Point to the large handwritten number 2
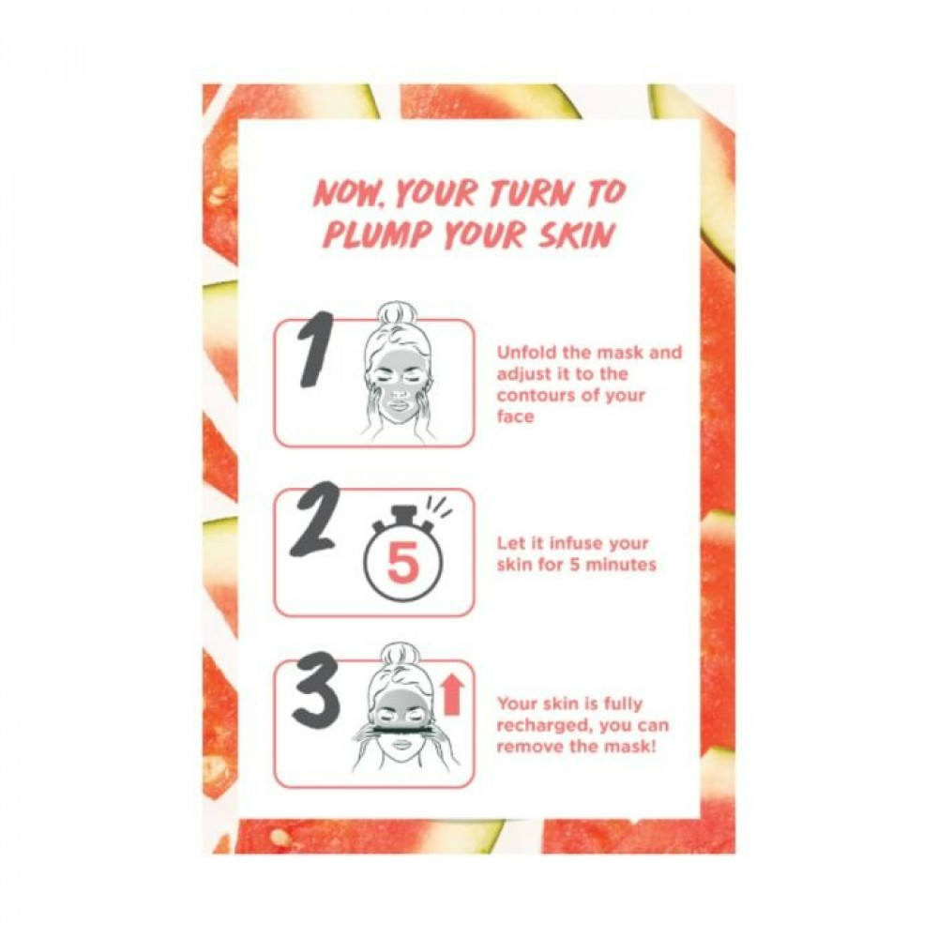(x=314, y=520)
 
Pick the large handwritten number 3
(x=315, y=689)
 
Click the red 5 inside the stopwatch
(x=402, y=564)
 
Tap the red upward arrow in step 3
(x=454, y=694)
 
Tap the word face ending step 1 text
(x=515, y=416)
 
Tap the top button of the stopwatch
(x=402, y=514)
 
